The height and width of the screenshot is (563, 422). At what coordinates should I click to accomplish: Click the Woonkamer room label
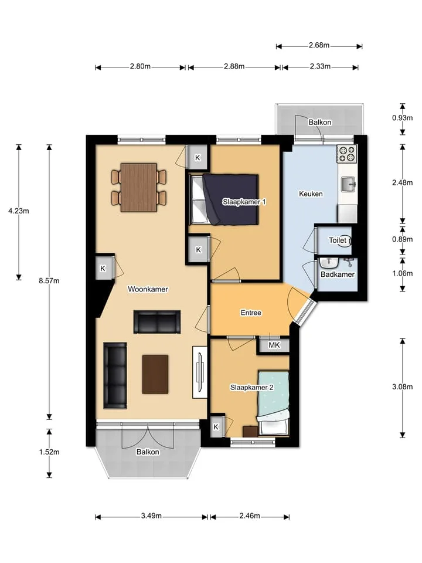tap(148, 289)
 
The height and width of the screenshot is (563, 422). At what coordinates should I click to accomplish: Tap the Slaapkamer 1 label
tap(244, 202)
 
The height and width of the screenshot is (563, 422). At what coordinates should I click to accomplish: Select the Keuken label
tap(311, 194)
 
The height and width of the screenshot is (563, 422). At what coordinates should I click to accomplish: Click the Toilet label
tap(338, 240)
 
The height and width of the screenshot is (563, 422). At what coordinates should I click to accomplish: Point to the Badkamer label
tap(338, 274)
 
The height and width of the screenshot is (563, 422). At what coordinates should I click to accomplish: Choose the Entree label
tap(251, 313)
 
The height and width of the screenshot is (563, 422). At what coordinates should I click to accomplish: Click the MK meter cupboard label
tap(274, 345)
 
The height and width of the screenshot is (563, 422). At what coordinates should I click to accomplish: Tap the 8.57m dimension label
tap(49, 281)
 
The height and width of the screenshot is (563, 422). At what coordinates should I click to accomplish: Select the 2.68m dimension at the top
tap(319, 45)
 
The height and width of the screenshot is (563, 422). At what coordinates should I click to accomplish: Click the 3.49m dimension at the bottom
tap(151, 516)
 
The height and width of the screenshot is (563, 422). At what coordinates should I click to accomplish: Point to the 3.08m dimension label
tap(402, 386)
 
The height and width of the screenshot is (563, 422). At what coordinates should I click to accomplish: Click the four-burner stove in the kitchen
tap(346, 154)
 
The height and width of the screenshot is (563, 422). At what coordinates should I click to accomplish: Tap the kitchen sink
tap(348, 185)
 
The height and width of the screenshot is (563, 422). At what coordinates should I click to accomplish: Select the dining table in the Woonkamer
tap(139, 188)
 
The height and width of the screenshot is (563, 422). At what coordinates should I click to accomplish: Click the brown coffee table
tap(155, 375)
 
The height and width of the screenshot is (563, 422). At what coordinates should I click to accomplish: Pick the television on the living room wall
tap(200, 372)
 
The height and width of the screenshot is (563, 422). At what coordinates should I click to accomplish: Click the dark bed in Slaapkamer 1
tap(224, 199)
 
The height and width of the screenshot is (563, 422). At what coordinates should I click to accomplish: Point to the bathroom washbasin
tap(329, 263)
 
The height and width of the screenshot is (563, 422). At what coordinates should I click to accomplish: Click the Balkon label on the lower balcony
tap(148, 452)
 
